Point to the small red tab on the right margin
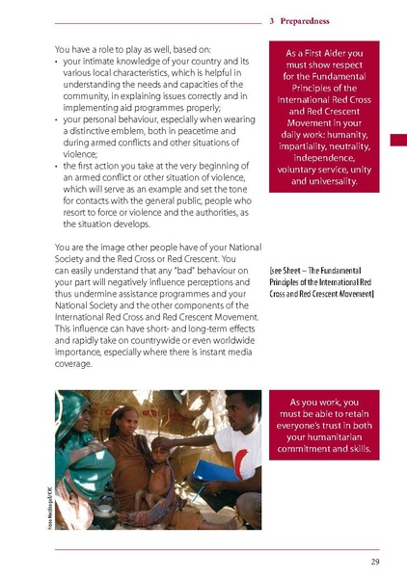pyautogui.click(x=397, y=142)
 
